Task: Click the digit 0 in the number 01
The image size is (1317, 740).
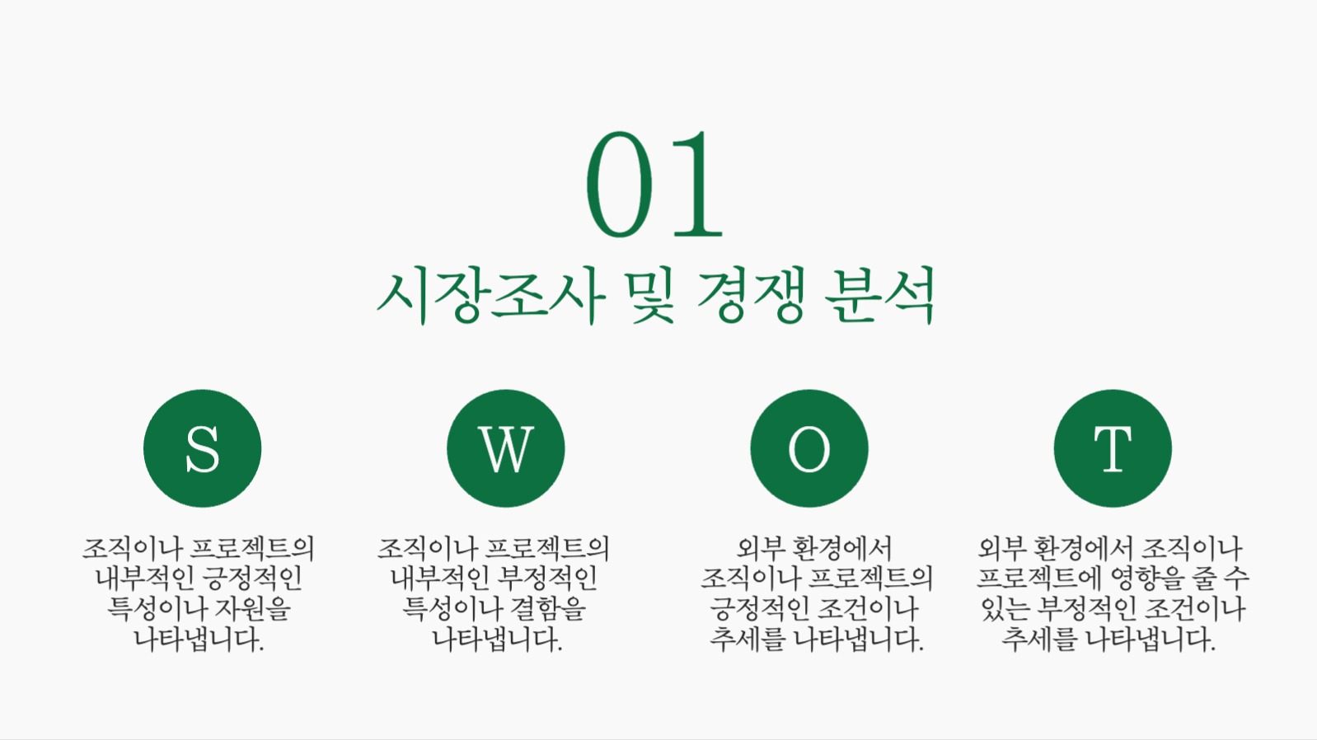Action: click(x=620, y=185)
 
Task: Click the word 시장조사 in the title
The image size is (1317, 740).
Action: click(x=491, y=295)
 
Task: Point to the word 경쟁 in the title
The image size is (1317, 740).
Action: click(x=751, y=295)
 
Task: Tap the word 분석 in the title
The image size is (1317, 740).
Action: click(x=880, y=295)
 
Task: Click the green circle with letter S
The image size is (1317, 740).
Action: click(x=202, y=448)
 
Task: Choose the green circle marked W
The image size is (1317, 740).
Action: click(x=505, y=448)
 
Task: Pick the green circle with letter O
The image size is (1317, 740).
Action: click(x=808, y=448)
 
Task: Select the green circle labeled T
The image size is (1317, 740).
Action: click(x=1112, y=448)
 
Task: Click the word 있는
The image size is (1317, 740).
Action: click(x=1005, y=609)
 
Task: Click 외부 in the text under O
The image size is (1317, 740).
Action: click(x=758, y=548)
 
